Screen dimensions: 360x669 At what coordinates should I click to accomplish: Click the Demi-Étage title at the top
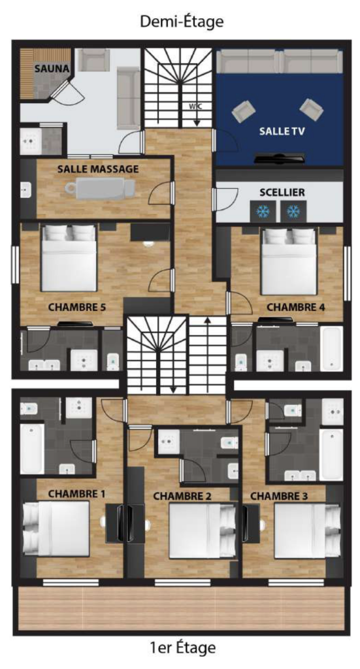click(181, 22)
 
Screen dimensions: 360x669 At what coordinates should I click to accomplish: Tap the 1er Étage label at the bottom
click(183, 647)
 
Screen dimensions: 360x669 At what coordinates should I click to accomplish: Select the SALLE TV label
click(282, 131)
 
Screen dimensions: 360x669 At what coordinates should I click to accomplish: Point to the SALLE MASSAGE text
click(98, 169)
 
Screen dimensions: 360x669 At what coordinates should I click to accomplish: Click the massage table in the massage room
click(100, 189)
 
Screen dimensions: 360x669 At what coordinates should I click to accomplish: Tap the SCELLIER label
click(282, 193)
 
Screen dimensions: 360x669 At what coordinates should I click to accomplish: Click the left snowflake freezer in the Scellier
click(260, 211)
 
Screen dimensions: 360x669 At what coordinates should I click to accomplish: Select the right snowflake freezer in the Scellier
click(293, 211)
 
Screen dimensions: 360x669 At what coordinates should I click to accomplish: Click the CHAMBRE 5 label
click(77, 307)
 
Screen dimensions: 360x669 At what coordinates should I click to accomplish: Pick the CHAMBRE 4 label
click(295, 307)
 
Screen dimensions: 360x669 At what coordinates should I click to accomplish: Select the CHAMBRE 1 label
click(77, 494)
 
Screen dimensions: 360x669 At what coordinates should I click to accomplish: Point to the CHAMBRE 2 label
click(182, 497)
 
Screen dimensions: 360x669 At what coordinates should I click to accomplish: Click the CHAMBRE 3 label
click(279, 497)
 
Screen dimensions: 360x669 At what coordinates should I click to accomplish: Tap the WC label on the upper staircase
click(196, 106)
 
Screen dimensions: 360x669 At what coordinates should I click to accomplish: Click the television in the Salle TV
click(280, 158)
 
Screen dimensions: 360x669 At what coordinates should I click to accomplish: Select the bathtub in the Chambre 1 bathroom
click(32, 448)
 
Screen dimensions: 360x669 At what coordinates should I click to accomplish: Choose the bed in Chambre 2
click(203, 530)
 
